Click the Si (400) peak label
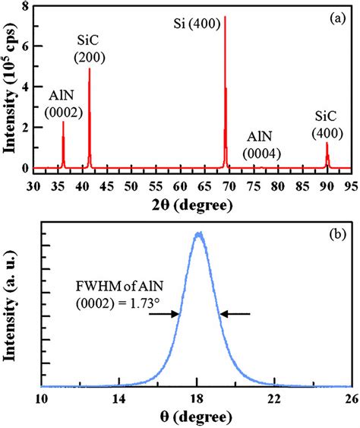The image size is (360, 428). tap(197, 24)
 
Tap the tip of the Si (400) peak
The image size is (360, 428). tap(225, 17)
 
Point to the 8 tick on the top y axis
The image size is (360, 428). tap(26, 7)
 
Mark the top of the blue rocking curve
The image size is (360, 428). tap(199, 233)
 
